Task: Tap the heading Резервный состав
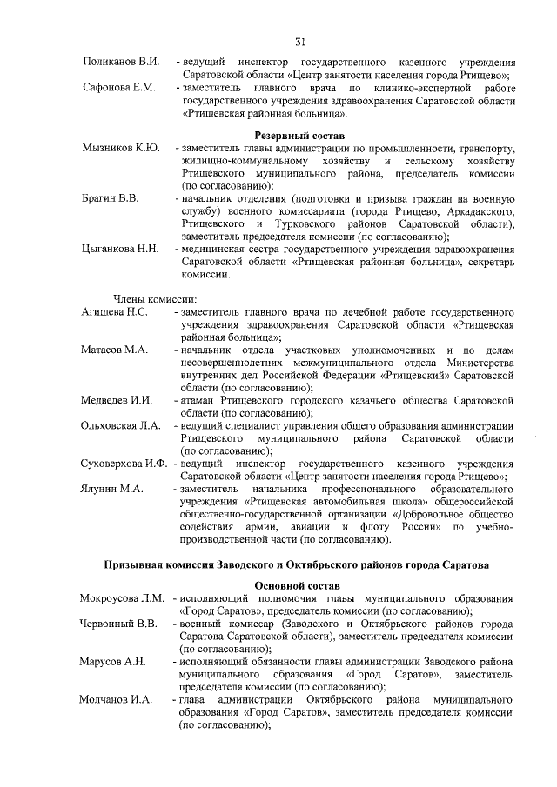[299, 136]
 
